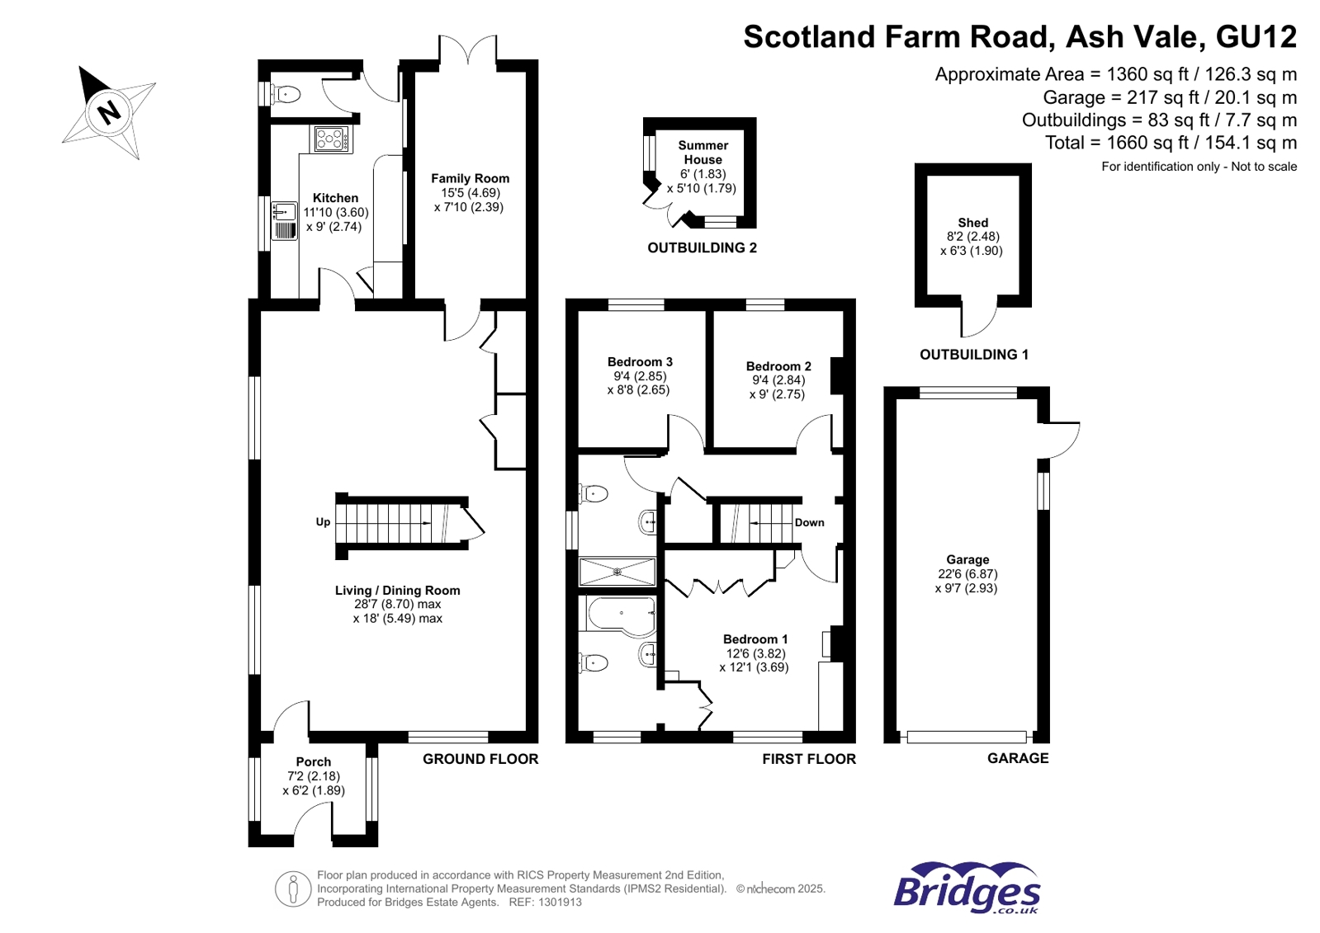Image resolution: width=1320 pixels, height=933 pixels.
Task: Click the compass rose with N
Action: point(109,112)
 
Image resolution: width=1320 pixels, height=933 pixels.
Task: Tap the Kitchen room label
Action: point(335,198)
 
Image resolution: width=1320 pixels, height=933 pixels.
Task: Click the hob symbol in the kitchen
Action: point(332,139)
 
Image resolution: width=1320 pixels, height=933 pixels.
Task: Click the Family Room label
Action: point(470,178)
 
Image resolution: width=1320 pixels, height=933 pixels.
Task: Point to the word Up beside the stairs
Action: point(323,522)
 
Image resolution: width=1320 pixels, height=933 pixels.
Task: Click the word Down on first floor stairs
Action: point(809,522)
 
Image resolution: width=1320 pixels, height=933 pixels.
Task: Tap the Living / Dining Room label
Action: point(397,591)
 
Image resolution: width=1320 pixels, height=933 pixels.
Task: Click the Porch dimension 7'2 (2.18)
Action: point(313,776)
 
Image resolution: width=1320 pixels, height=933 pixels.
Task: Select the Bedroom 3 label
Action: point(640,361)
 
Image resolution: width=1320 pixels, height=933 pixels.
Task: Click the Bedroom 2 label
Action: point(778,366)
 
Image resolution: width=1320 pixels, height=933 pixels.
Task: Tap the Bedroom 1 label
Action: point(755,639)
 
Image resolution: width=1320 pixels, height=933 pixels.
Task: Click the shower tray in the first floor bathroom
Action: point(617,572)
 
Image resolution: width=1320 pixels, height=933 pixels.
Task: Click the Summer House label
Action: point(703,153)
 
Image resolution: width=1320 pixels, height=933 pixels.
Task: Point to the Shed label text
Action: point(972,223)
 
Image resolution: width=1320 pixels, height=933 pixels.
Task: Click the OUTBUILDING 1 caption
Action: point(974,355)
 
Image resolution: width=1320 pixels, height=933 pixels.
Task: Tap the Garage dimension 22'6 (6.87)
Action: point(967,574)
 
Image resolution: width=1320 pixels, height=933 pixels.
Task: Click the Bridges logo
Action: point(967,888)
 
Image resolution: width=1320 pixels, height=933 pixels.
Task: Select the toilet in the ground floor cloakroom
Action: point(286,95)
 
